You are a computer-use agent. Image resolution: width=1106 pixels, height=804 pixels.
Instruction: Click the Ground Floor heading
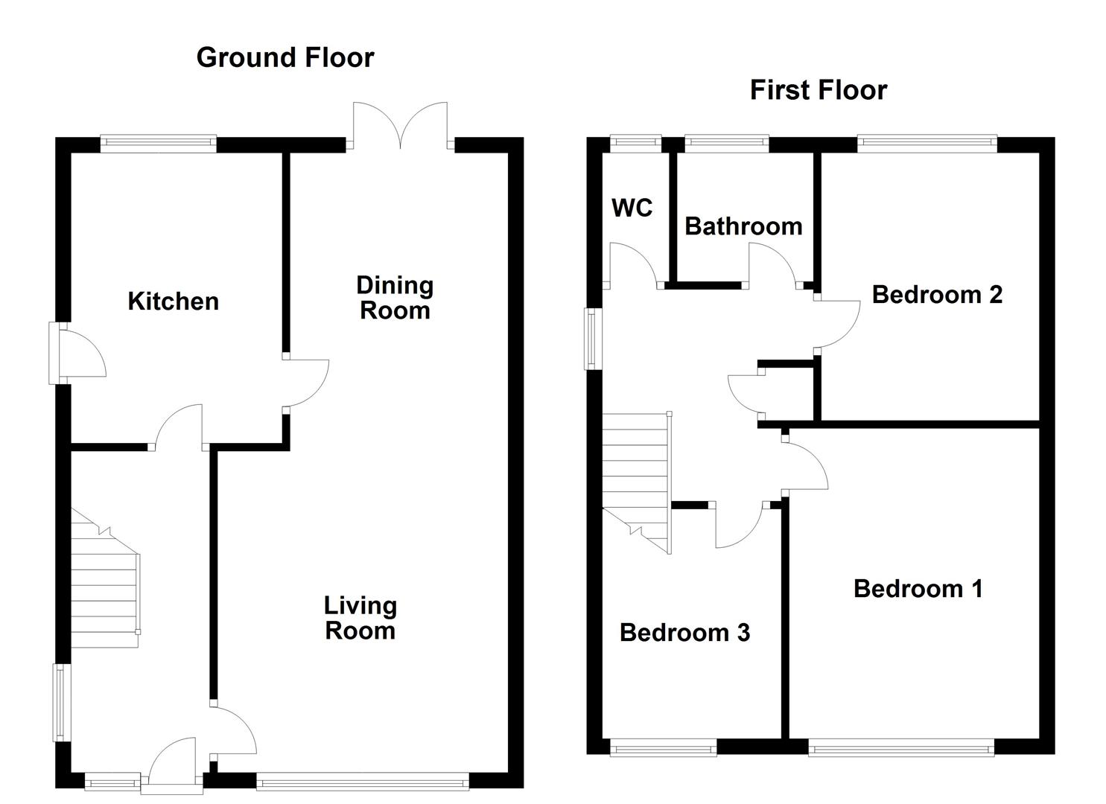(285, 57)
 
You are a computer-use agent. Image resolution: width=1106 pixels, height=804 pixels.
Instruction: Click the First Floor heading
(818, 90)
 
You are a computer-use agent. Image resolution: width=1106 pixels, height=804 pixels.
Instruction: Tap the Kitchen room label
(174, 301)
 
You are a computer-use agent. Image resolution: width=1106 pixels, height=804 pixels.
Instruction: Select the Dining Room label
(395, 298)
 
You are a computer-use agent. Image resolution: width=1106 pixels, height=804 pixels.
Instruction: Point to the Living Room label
(360, 618)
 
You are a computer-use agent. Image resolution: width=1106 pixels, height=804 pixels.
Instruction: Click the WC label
(632, 208)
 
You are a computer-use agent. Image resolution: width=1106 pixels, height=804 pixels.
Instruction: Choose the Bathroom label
(743, 226)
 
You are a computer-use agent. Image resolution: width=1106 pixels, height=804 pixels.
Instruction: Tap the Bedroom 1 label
(918, 589)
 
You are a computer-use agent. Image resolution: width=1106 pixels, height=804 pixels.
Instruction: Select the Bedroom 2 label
(937, 295)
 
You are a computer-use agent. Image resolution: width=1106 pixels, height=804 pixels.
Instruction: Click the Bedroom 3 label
(684, 633)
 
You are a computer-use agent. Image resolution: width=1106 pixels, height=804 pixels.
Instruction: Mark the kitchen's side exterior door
(78, 354)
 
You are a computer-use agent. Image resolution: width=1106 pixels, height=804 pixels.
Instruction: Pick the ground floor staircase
(104, 588)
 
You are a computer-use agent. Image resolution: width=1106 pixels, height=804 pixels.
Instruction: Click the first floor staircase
(636, 476)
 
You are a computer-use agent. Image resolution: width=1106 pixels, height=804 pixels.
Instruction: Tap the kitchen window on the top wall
(159, 144)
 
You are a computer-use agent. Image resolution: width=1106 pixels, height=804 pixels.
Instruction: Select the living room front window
(363, 781)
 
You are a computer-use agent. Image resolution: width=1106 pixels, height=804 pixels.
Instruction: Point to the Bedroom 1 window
(901, 747)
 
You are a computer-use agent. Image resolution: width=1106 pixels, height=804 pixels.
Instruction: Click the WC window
(635, 144)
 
